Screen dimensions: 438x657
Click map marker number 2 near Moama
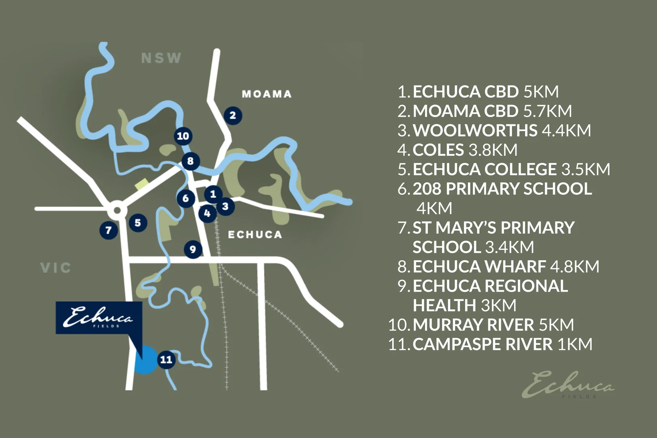coord(233,116)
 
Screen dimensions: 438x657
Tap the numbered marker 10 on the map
coord(183,136)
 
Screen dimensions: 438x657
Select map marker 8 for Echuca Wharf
coord(190,161)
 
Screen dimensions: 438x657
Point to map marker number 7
coord(108,230)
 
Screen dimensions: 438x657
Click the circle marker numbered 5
coord(138,223)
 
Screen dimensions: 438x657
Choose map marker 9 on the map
coord(193,249)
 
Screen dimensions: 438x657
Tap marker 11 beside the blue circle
coord(166,359)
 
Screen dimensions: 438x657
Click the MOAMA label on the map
coord(266,94)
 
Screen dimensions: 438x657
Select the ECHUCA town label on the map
coord(255,234)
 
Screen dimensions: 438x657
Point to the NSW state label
coord(161,58)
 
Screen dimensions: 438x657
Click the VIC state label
coord(56,268)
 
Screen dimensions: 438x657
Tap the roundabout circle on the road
coord(117,210)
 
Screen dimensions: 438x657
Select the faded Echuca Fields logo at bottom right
coord(568,384)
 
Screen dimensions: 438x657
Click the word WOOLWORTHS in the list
coord(474,131)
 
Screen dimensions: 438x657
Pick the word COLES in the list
coord(438,150)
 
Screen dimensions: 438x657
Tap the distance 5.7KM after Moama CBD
coord(547,111)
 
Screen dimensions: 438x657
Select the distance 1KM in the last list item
coord(575,344)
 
